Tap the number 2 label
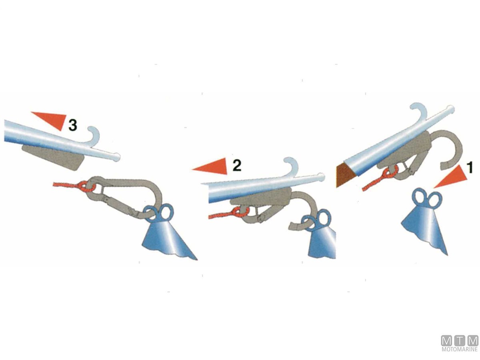click(237, 165)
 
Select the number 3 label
click(73, 126)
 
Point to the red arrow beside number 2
click(210, 166)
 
